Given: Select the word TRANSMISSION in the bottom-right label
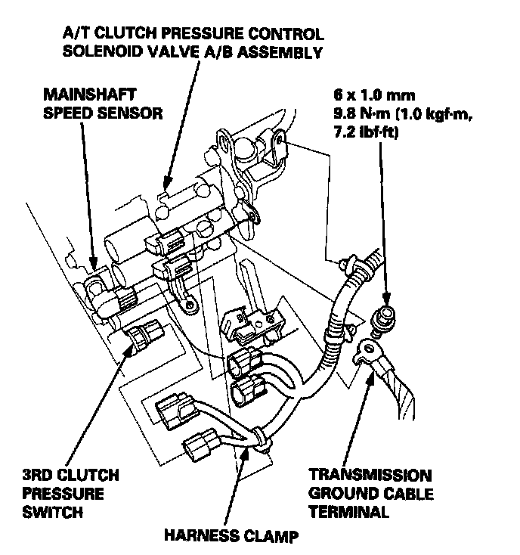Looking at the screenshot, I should coord(370,476).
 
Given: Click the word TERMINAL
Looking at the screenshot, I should coord(348,512).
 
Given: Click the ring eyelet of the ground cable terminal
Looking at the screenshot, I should coord(370,347).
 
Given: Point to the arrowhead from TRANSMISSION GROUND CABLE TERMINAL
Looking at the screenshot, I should coord(370,377).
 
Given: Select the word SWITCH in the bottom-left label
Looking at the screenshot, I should coord(53,512).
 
